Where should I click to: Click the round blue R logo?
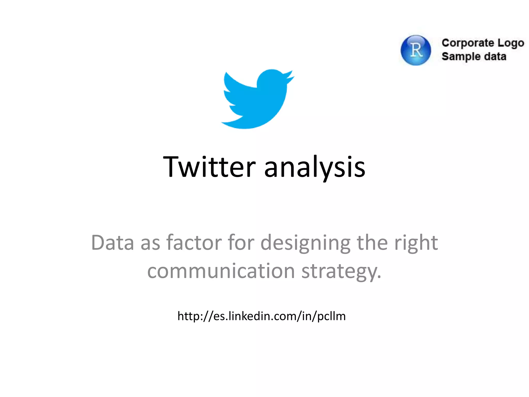click(416, 50)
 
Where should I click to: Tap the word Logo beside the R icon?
click(511, 43)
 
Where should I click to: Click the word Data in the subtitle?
click(113, 243)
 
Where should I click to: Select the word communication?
click(221, 271)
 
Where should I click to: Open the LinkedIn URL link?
click(261, 316)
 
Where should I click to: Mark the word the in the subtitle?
click(372, 243)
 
